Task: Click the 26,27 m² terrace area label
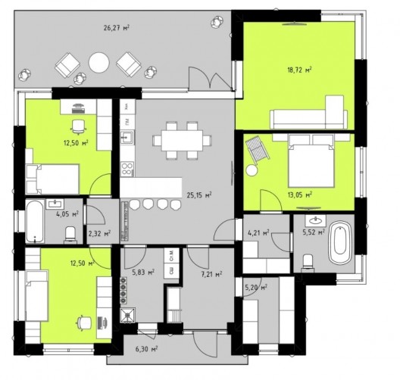coord(116,27)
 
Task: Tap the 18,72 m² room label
coord(299,70)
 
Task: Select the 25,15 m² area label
coord(199,195)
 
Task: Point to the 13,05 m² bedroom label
coord(300,195)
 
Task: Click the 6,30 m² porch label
coord(146,348)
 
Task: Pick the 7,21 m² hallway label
coord(211,275)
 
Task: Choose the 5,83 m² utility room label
coord(143,273)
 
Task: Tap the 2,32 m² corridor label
coord(99,233)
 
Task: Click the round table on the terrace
coord(99,63)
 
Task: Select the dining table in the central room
coord(182,141)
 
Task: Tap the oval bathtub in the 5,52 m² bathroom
coord(340,243)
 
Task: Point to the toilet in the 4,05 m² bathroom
coord(70,234)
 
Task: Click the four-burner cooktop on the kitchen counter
coord(127,169)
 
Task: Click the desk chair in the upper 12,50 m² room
coord(78,126)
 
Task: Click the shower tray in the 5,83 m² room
coord(128,316)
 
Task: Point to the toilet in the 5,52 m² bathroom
coord(308,261)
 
